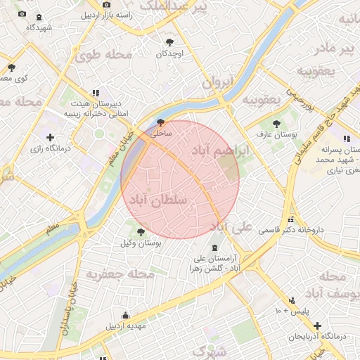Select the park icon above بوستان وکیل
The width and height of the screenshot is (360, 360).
(141, 231)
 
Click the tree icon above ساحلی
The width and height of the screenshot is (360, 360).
(161, 121)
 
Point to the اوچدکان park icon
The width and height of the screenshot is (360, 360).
(169, 42)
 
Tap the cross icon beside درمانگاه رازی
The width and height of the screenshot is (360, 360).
(49, 137)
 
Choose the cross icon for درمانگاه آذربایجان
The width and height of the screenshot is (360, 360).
(318, 326)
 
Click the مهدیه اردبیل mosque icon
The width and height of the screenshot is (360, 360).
(126, 315)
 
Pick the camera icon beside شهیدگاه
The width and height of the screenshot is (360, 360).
(22, 14)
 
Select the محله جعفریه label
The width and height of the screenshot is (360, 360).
(116, 273)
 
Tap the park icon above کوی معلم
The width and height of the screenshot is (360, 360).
(11, 67)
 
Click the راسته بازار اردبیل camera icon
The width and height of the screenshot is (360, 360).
(106, 5)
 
